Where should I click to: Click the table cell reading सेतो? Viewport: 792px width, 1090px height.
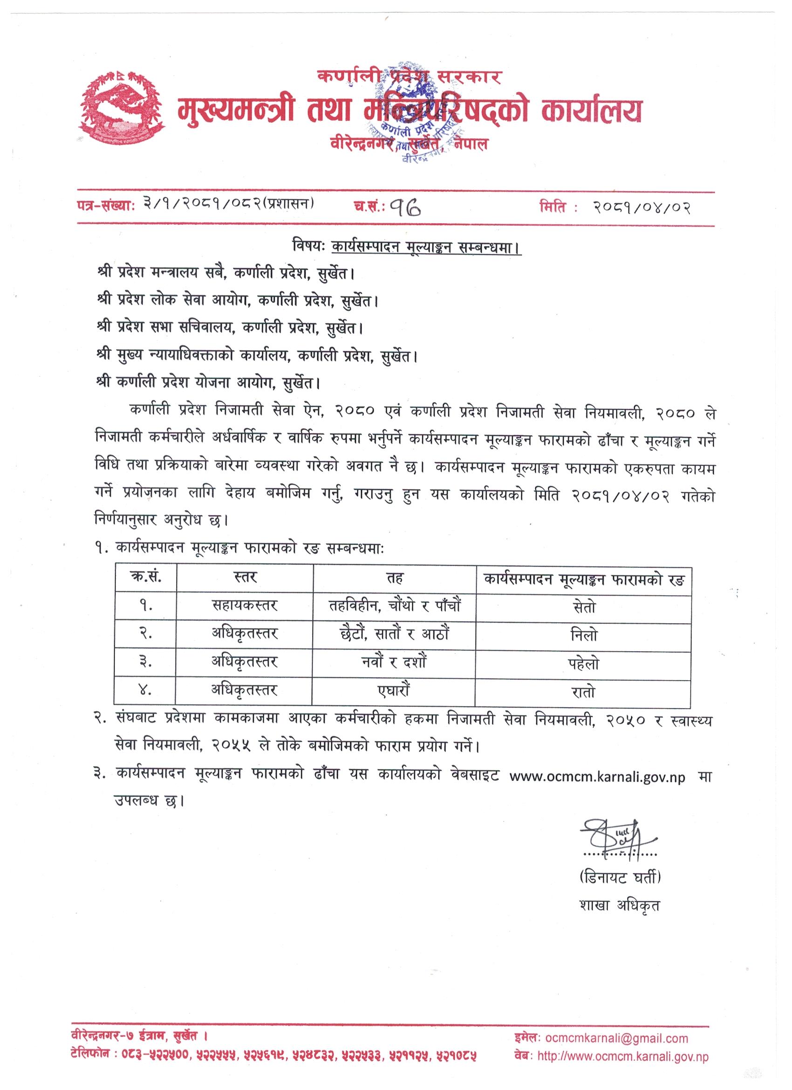click(x=584, y=607)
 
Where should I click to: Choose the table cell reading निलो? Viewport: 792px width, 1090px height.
click(x=584, y=635)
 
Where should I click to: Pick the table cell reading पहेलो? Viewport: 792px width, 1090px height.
click(x=584, y=664)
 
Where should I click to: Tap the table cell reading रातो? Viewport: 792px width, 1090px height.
click(x=584, y=692)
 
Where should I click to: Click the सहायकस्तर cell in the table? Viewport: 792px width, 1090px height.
click(x=245, y=606)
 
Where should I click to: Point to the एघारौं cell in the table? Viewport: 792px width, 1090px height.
click(x=394, y=691)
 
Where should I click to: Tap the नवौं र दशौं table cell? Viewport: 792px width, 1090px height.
click(x=394, y=663)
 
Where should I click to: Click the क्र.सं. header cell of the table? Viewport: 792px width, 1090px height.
click(x=145, y=577)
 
